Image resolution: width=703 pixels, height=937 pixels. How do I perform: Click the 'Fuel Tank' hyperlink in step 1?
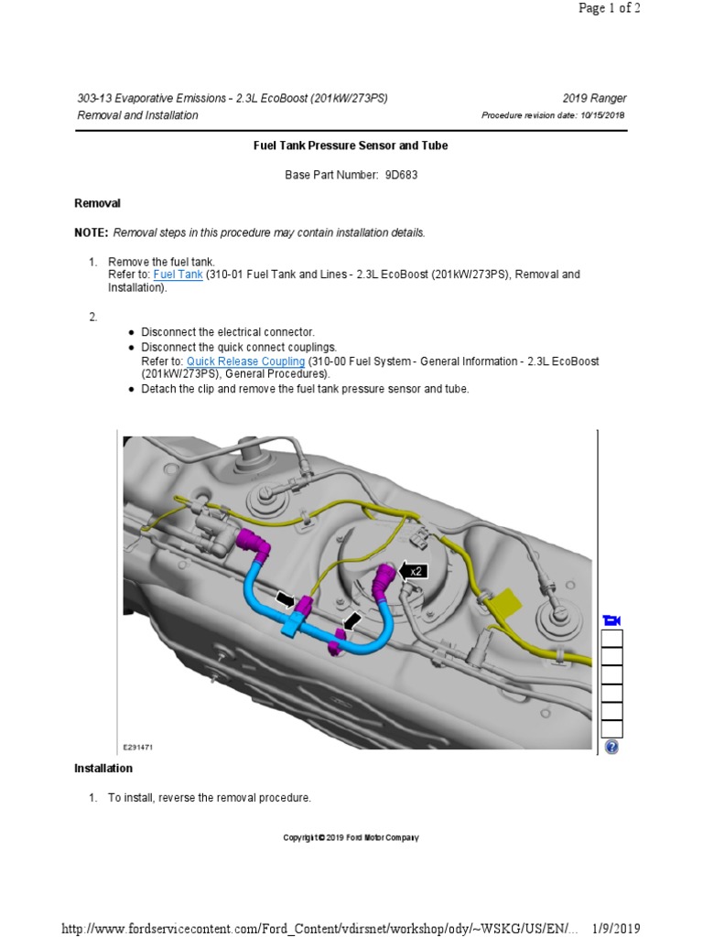[x=178, y=274]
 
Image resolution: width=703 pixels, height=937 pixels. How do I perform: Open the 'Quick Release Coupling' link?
[x=246, y=361]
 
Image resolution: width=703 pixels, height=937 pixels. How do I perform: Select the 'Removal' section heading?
[x=97, y=203]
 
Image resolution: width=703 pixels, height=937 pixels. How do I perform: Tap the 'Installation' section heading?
[x=103, y=769]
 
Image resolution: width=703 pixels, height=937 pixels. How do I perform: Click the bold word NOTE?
[x=91, y=233]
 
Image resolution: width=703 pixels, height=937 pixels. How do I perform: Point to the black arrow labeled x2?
[x=414, y=571]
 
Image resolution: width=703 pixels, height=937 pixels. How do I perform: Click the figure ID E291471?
[x=137, y=747]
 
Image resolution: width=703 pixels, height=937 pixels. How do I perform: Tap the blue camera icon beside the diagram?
[x=611, y=621]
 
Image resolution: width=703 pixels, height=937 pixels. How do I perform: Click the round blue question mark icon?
[x=611, y=747]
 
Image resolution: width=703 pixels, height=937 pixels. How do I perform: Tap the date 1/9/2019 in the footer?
[x=614, y=929]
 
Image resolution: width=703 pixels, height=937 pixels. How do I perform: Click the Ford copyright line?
[x=351, y=838]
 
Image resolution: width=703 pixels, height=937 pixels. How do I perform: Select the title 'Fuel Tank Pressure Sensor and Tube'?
[x=351, y=145]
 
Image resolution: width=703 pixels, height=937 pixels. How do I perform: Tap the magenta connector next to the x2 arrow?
[x=386, y=577]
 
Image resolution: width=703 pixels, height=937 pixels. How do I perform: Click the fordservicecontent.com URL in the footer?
[x=320, y=929]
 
